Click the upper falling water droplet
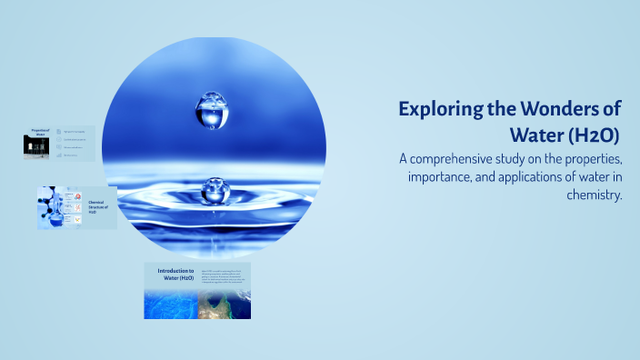pos(212,109)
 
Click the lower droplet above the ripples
pos(215,190)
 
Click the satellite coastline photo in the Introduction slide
pos(224,303)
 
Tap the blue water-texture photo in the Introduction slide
pos(170,303)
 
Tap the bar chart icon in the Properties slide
pos(58,155)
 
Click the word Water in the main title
pos(540,136)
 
